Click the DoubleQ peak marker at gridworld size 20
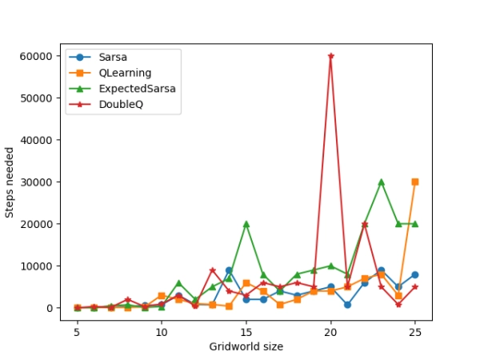tap(330, 56)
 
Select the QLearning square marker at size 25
tap(415, 182)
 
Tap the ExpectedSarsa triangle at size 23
tap(382, 182)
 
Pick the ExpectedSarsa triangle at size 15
tap(246, 224)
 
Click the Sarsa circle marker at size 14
tap(229, 270)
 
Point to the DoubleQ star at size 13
tap(212, 270)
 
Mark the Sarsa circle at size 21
tap(348, 305)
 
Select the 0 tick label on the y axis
tap(50, 308)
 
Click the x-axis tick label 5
tap(78, 330)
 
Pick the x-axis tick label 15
tap(246, 330)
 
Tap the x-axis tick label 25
tap(415, 330)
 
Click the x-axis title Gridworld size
tap(246, 346)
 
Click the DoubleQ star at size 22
tap(365, 224)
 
